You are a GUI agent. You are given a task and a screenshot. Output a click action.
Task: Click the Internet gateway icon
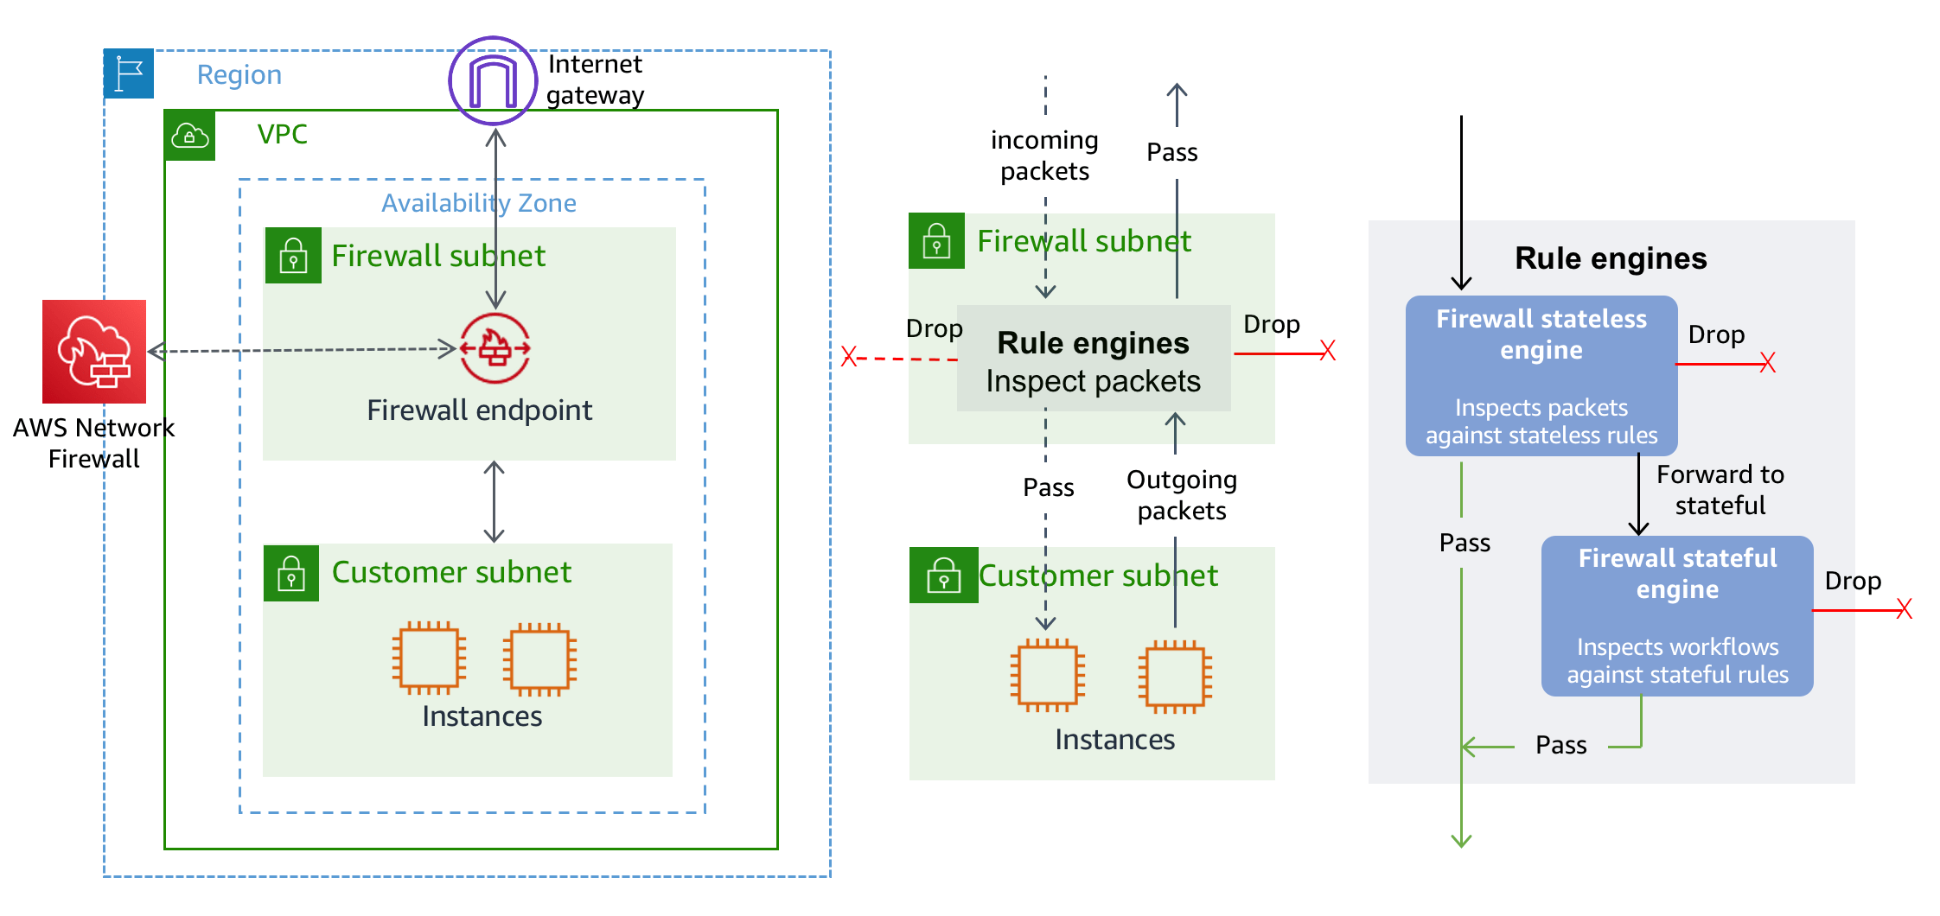point(493,81)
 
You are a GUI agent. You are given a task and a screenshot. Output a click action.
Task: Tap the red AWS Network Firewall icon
point(94,352)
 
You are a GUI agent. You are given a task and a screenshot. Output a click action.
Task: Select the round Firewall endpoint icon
point(495,348)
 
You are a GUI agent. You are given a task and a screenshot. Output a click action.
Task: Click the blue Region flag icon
point(129,73)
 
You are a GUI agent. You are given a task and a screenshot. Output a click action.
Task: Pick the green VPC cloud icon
point(190,135)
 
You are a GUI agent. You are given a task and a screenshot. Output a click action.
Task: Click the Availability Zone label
point(479,203)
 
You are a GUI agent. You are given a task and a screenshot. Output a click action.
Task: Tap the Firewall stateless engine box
point(1541,376)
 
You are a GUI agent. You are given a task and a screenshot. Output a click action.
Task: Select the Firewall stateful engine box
point(1676,615)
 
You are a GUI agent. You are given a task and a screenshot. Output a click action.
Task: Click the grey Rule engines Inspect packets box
point(1093,359)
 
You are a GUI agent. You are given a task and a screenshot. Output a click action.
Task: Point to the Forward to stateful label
point(1720,490)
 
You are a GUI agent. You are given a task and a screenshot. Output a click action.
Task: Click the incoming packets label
point(1044,156)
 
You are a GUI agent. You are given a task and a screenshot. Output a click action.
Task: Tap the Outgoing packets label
point(1181,495)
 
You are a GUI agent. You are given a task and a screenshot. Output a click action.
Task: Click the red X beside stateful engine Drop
point(1904,609)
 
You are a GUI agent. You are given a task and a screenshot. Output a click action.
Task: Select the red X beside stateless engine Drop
point(1767,363)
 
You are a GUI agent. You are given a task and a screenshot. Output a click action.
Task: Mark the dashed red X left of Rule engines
point(849,356)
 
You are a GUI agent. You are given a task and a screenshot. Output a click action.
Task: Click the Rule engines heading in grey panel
point(1610,258)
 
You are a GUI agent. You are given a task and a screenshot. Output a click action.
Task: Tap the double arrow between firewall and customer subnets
point(494,501)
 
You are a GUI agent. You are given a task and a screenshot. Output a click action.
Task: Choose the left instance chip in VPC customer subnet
point(430,658)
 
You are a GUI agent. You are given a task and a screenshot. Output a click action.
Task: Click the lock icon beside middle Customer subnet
point(943,576)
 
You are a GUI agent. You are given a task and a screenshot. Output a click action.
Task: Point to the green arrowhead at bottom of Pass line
point(1461,840)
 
